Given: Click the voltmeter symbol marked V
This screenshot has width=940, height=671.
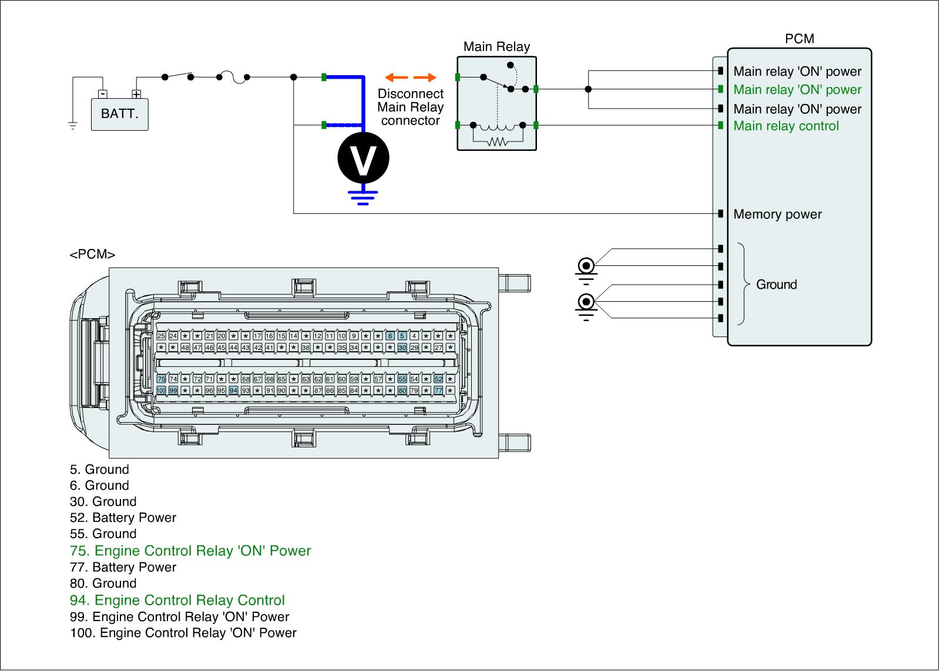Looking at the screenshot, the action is (363, 158).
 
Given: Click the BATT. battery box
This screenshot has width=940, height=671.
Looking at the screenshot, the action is (120, 114).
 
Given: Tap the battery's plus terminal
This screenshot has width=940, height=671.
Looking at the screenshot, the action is (136, 94).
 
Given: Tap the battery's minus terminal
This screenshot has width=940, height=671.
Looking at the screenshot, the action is (103, 94).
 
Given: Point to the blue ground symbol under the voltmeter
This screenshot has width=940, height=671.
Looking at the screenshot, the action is (363, 197).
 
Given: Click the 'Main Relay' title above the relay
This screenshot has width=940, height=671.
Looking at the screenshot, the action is (496, 46).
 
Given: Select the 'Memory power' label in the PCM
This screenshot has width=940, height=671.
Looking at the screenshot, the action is (778, 214).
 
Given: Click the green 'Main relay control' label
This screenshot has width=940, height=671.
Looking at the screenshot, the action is (786, 126).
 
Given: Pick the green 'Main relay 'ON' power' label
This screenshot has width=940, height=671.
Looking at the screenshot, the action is (797, 89).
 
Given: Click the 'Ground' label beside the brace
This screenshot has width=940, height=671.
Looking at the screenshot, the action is (776, 284).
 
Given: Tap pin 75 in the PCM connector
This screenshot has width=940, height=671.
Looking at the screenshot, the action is (161, 379).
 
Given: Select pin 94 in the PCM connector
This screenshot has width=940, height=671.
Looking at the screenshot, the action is (234, 390).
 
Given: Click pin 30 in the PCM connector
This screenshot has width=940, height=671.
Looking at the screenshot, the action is (402, 348).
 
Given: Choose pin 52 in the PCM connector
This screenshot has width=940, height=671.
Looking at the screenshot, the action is (438, 379).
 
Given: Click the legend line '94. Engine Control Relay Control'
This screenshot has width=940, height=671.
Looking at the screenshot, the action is (177, 600).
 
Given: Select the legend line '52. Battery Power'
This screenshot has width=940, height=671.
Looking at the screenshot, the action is (123, 518).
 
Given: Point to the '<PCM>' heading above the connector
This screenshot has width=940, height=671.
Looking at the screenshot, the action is (92, 254).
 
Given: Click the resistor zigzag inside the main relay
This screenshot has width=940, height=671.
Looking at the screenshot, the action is (498, 141).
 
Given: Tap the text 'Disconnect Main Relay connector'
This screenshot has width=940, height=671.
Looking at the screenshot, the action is (411, 107).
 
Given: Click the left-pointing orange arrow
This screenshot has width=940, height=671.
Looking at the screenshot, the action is (397, 77).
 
